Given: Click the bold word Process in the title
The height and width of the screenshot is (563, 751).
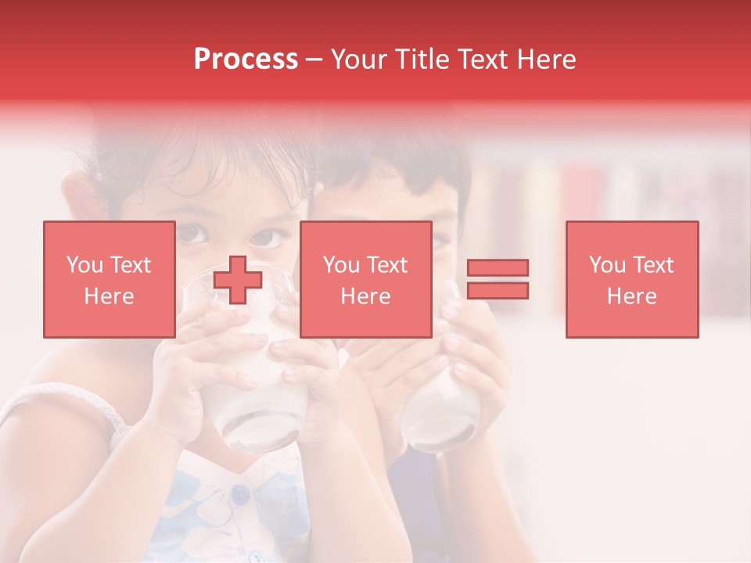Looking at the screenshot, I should coord(246,59).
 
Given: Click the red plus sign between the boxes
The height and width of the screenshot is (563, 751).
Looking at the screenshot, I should coord(238,279).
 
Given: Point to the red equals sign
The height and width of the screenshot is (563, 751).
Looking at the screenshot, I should coord(498,279).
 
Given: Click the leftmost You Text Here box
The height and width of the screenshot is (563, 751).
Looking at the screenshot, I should coord(109,279).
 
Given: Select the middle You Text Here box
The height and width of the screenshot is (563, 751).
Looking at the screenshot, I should coord(365,279).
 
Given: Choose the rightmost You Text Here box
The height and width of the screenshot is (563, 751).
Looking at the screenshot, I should coord(631,279).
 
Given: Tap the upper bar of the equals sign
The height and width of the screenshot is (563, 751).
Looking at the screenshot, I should coord(498,268).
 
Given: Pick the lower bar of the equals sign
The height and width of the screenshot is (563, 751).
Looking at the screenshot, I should coord(498,290).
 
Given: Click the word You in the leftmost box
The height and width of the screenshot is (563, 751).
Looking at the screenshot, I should coord(84,265).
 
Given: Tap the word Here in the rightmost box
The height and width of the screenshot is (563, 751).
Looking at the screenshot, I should coord(631,296).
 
